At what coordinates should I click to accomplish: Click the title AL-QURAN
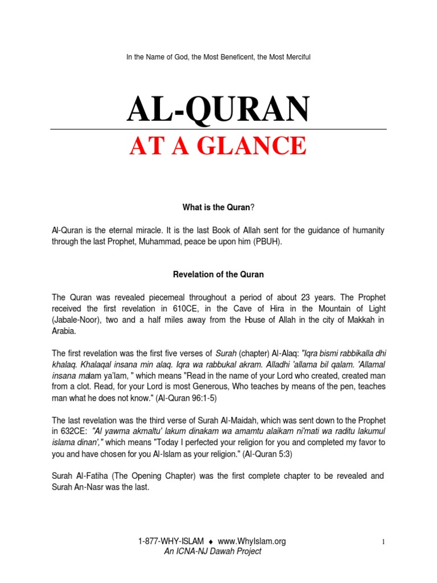pos(218,109)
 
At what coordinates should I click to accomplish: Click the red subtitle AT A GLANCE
pos(218,146)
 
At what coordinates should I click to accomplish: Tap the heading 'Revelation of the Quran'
pos(218,274)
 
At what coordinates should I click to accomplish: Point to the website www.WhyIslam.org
pos(252,541)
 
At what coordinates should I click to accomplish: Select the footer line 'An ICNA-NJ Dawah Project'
pos(212,551)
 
